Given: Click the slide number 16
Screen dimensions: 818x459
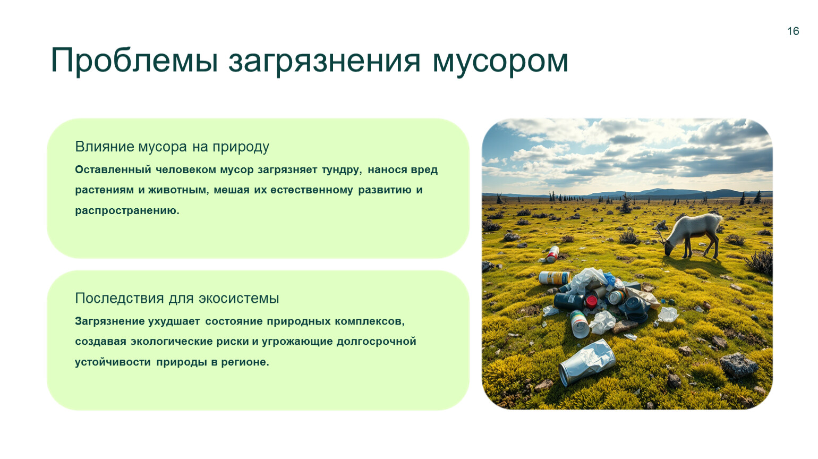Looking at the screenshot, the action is tap(793, 31).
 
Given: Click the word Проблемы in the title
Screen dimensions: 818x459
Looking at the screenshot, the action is tap(134, 61).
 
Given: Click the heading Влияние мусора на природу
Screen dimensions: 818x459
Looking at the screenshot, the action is tap(172, 147).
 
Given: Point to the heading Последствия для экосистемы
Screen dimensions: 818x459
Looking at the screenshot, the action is tap(177, 298).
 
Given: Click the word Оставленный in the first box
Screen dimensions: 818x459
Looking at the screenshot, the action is tap(113, 169).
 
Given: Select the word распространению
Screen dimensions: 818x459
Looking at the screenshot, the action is tap(127, 211).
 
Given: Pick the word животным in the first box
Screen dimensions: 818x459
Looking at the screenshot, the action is tap(178, 190).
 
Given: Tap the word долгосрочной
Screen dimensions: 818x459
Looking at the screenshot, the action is tap(376, 342).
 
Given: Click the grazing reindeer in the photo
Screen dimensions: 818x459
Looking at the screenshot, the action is tap(691, 235).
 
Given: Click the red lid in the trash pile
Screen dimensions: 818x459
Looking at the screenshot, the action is tap(591, 301).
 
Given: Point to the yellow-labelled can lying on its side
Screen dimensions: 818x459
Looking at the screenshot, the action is tap(555, 278).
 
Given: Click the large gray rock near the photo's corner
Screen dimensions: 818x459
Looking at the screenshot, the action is tap(738, 364).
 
